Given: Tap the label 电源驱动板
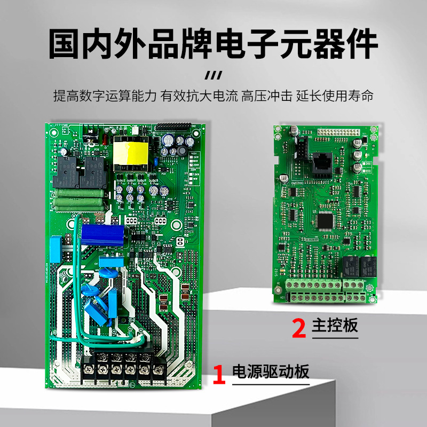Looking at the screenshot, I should tap(271, 371).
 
